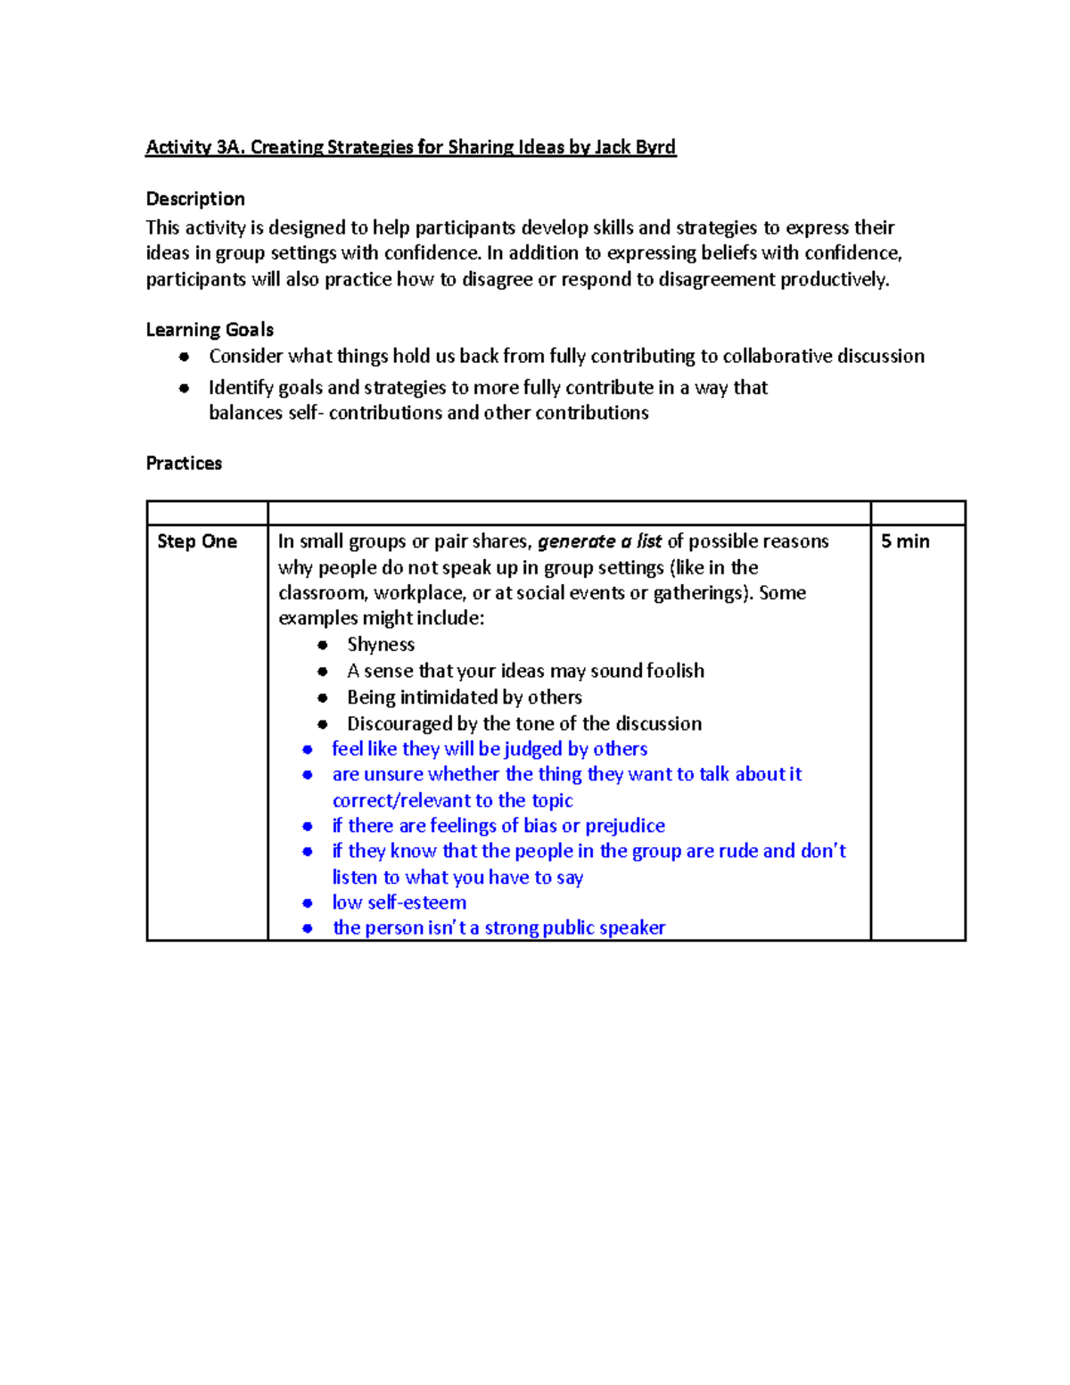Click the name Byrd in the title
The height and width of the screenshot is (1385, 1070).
(655, 147)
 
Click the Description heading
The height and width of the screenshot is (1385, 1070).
(195, 199)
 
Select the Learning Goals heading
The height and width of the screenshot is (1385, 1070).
(210, 330)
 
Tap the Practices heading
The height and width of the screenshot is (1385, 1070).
(184, 463)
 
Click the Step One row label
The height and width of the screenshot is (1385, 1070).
(197, 541)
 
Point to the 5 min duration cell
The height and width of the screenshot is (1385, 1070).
(905, 541)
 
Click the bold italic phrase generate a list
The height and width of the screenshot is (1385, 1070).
(599, 541)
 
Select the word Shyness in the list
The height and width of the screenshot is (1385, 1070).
(381, 645)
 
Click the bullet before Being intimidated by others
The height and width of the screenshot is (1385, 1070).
(323, 698)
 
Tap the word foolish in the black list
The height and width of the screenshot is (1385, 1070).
(675, 671)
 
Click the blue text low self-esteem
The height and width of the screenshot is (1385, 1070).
(399, 903)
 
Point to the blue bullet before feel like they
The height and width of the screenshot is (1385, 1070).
(308, 750)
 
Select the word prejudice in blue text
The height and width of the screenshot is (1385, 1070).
(625, 826)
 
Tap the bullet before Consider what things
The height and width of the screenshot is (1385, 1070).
(184, 357)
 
